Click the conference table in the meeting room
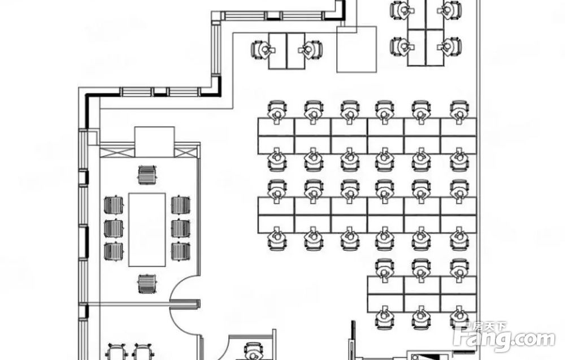click(x=147, y=229)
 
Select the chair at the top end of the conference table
click(x=147, y=174)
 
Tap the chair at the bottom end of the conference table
click(x=147, y=283)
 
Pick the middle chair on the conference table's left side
click(x=114, y=228)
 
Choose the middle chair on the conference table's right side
click(x=180, y=228)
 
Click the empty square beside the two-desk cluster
click(x=356, y=49)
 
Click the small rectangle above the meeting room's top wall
click(x=154, y=141)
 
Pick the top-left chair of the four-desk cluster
click(x=402, y=11)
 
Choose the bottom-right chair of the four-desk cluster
click(x=450, y=46)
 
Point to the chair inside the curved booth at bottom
click(x=253, y=350)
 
